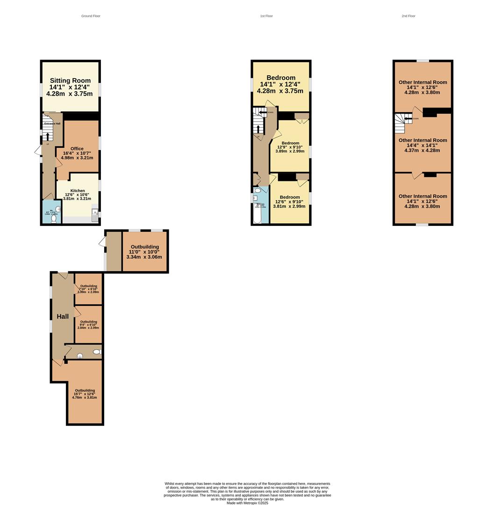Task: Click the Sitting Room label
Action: click(x=70, y=80)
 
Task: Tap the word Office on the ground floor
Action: click(x=77, y=148)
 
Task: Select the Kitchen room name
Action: click(x=78, y=191)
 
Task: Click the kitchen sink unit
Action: click(x=95, y=213)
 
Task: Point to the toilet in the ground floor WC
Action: click(x=54, y=218)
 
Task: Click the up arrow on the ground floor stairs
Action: click(x=47, y=136)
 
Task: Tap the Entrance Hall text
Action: click(x=52, y=123)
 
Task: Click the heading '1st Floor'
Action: click(x=266, y=16)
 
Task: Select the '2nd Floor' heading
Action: click(x=408, y=16)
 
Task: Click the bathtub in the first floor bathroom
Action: click(x=256, y=213)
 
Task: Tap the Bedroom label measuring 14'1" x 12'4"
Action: click(x=281, y=78)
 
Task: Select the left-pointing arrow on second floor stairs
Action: click(x=408, y=118)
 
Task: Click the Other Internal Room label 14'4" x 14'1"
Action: click(x=422, y=140)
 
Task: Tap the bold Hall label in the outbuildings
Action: click(x=63, y=317)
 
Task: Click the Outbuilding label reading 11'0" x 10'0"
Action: click(x=144, y=247)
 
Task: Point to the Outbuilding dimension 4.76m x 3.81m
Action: click(x=85, y=398)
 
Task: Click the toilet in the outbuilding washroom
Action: click(x=97, y=352)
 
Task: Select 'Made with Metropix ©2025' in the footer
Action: click(x=247, y=503)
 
